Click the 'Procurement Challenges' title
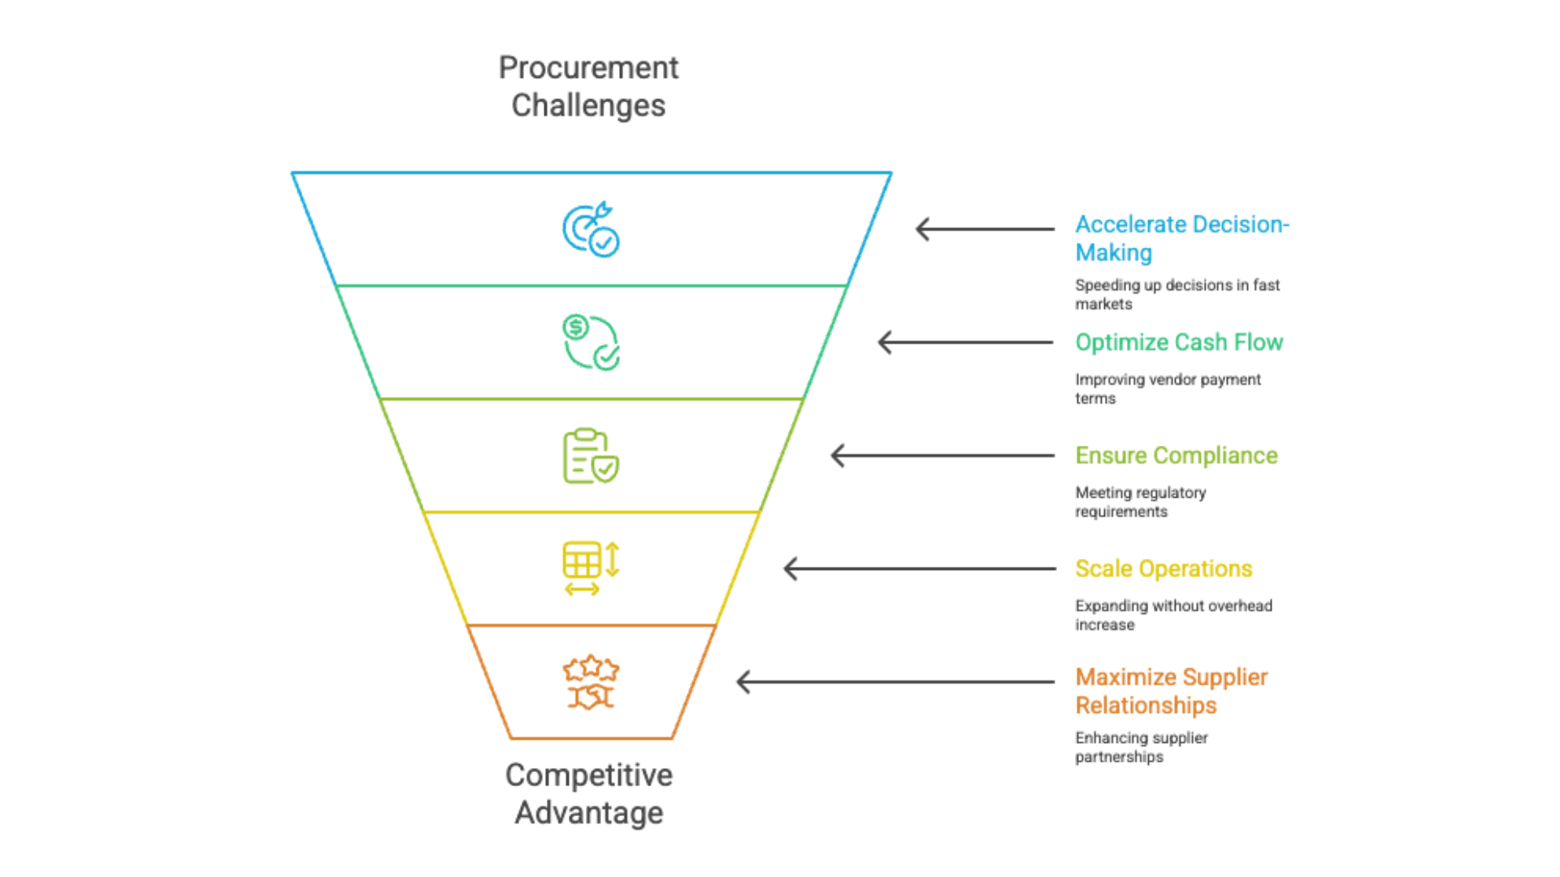[x=588, y=86]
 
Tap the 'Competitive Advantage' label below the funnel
[x=588, y=793]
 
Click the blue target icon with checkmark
[x=591, y=230]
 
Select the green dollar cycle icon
[x=591, y=343]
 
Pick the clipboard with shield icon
[x=591, y=456]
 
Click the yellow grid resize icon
[x=591, y=568]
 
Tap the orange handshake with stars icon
[x=591, y=682]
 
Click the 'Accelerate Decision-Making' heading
[x=1181, y=238]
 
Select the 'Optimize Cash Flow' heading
[x=1179, y=343]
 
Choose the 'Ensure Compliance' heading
[x=1176, y=456]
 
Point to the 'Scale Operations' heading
[x=1163, y=568]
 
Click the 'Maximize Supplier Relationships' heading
[x=1171, y=691]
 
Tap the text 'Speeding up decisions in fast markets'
[x=1176, y=294]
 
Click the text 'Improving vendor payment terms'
[x=1168, y=388]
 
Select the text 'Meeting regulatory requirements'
[x=1140, y=502]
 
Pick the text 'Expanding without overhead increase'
[x=1173, y=615]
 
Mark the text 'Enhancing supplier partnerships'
[x=1141, y=747]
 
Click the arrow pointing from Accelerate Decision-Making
[x=985, y=229]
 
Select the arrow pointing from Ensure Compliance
[x=942, y=456]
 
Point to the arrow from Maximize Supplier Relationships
[x=895, y=682]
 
